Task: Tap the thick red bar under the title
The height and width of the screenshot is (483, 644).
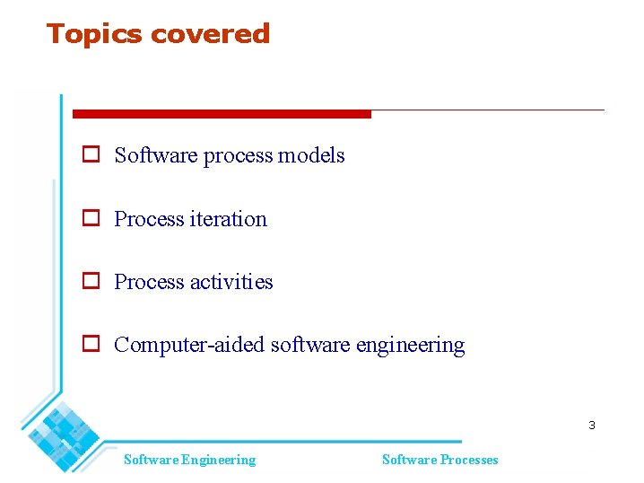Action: [x=221, y=114]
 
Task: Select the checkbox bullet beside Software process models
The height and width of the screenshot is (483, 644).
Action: [x=91, y=154]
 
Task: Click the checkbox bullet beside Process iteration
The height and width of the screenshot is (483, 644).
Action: [x=91, y=218]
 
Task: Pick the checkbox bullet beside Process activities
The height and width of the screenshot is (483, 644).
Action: [x=91, y=281]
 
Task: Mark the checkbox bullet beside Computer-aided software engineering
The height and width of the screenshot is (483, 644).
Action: [x=91, y=344]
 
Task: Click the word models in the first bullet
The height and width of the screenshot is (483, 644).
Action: [x=311, y=155]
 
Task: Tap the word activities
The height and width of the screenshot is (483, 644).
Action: [x=231, y=282]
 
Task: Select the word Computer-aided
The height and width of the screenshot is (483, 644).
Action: [x=189, y=345]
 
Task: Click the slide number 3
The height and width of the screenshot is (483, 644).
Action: [x=591, y=425]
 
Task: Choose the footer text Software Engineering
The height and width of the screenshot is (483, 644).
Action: [x=189, y=460]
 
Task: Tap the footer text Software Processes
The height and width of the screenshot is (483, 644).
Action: [x=439, y=460]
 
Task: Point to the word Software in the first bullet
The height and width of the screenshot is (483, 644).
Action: [x=156, y=155]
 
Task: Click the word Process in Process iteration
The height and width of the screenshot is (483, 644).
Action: [x=149, y=219]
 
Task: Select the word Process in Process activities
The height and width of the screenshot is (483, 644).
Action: [x=149, y=282]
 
